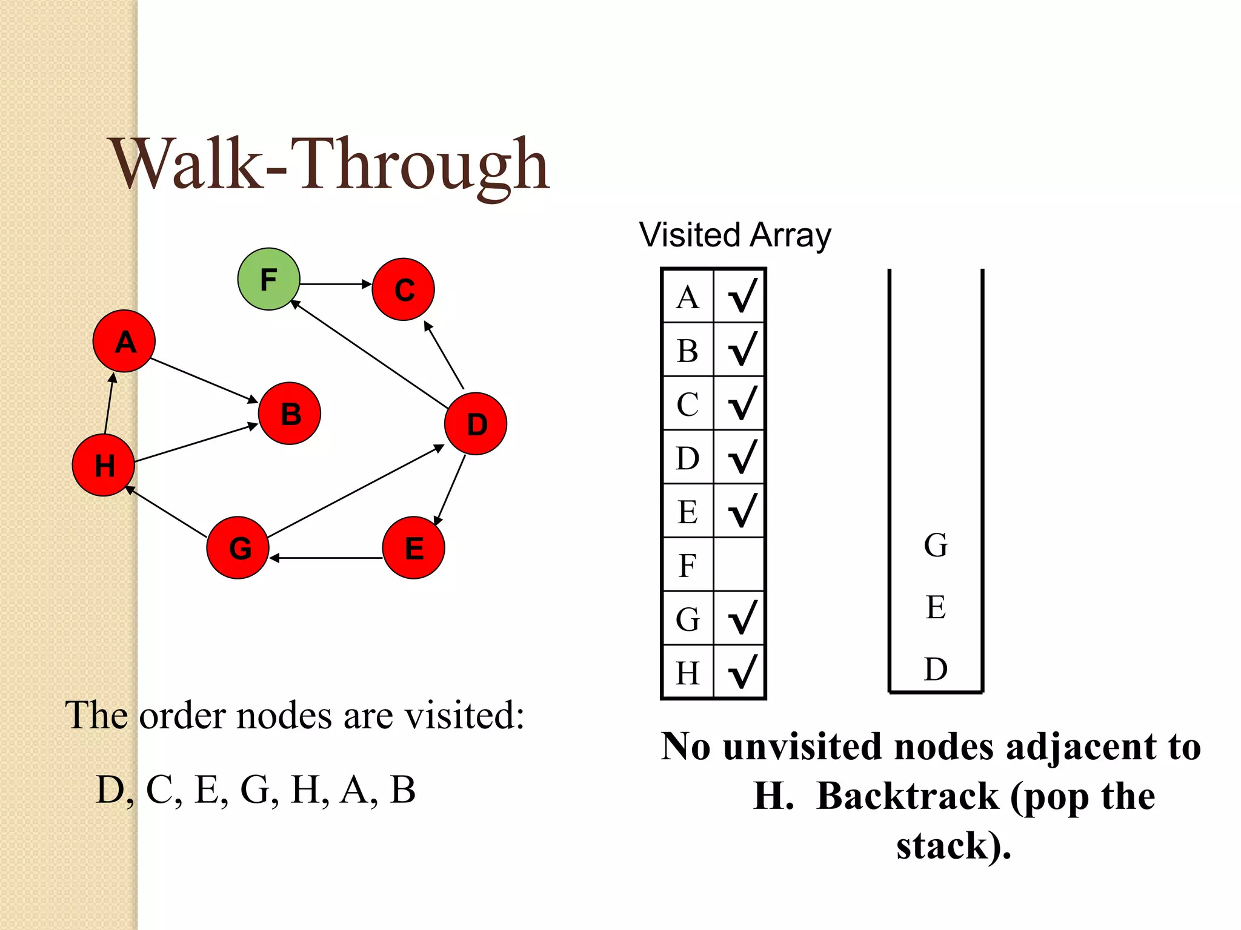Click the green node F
(x=268, y=279)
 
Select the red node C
(x=403, y=289)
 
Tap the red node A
(x=124, y=341)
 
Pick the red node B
(x=290, y=414)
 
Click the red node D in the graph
(x=476, y=424)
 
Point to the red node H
(x=104, y=465)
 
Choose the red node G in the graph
(x=238, y=548)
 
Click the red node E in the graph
(x=414, y=548)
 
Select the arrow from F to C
(x=335, y=283)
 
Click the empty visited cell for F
(x=739, y=565)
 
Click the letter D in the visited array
(x=688, y=458)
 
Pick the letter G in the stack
(x=936, y=545)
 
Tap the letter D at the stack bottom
(x=936, y=669)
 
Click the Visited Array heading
(x=735, y=235)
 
